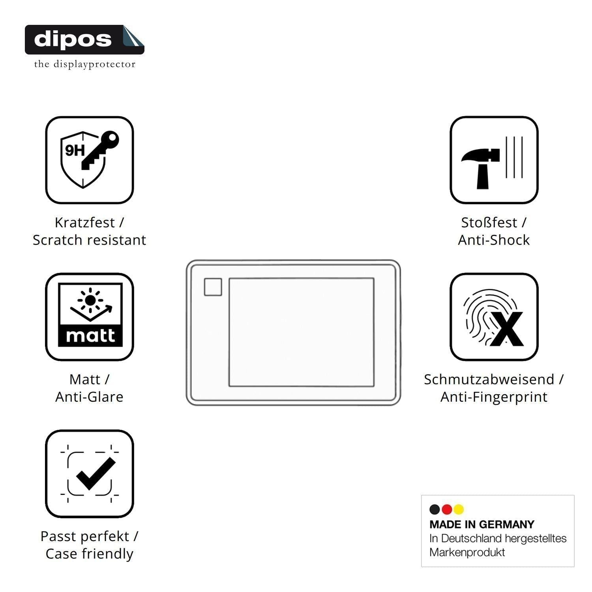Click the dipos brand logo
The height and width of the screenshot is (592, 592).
tap(84, 39)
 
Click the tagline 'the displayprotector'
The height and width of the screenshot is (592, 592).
tap(84, 64)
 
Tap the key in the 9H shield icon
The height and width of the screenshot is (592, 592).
tap(99, 150)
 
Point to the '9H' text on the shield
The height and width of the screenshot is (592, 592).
tap(75, 150)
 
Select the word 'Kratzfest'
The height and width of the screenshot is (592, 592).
tap(84, 223)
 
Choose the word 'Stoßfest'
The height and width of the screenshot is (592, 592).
tap(489, 223)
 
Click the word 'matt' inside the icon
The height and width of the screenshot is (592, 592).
tap(90, 335)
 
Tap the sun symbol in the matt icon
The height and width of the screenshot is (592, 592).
tap(90, 300)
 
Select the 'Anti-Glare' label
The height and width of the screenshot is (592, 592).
tap(89, 397)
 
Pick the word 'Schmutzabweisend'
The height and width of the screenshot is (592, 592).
tap(489, 379)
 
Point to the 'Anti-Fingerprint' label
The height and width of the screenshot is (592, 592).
tap(494, 397)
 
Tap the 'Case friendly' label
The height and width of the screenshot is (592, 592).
tap(89, 554)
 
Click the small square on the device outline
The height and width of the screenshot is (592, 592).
tap(213, 287)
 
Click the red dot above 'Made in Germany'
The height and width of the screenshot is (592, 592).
tap(447, 510)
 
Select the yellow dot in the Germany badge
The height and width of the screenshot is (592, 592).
tap(459, 510)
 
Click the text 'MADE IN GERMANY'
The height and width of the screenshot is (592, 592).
tap(482, 525)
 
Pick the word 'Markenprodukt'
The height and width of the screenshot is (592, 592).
tap(467, 552)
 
